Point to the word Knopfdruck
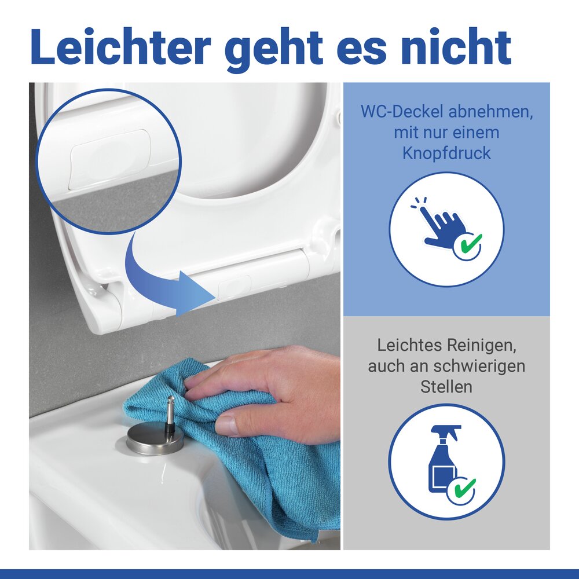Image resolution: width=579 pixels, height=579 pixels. pos(446,153)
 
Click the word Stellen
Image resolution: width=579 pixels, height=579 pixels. pos(446,386)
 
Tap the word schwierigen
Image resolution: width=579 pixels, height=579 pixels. pos(478,366)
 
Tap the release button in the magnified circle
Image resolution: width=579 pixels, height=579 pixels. pos(110,159)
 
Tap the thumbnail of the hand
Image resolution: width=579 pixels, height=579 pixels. pos(227,426)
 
